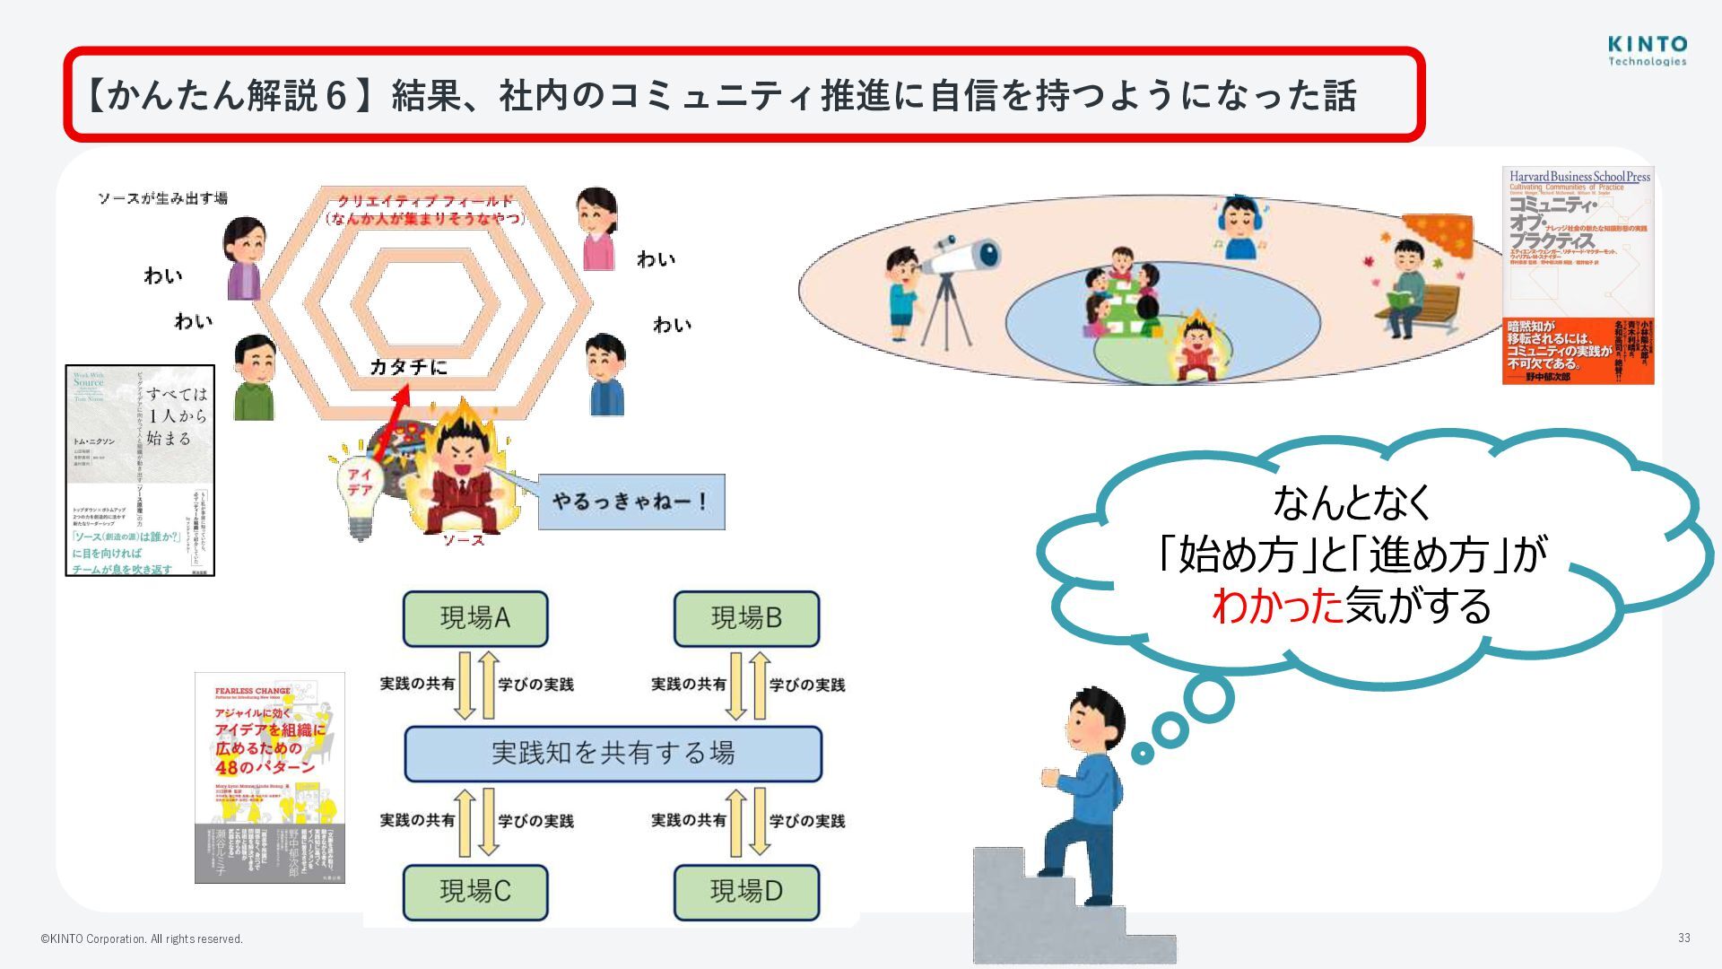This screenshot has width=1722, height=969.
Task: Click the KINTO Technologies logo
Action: (1647, 50)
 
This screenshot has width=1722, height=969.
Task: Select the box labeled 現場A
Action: (475, 618)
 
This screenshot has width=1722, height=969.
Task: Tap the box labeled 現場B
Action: (746, 618)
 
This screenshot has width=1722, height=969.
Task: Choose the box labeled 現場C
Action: (475, 892)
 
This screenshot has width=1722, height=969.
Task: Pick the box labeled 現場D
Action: (746, 892)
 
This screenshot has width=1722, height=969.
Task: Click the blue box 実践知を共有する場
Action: (613, 754)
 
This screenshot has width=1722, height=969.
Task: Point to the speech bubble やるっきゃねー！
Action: (631, 502)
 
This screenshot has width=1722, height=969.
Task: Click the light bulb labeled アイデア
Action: (360, 489)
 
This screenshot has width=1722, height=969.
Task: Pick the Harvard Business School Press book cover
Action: (1578, 275)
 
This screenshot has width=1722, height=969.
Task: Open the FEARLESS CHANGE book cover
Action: (270, 777)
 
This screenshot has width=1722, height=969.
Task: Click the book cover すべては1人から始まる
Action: (140, 470)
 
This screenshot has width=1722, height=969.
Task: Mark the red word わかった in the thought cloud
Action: (1277, 606)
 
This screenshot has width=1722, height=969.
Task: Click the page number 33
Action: (1683, 938)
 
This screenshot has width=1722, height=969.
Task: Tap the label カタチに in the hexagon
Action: (408, 367)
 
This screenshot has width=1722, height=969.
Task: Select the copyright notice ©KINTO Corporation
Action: (142, 939)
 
